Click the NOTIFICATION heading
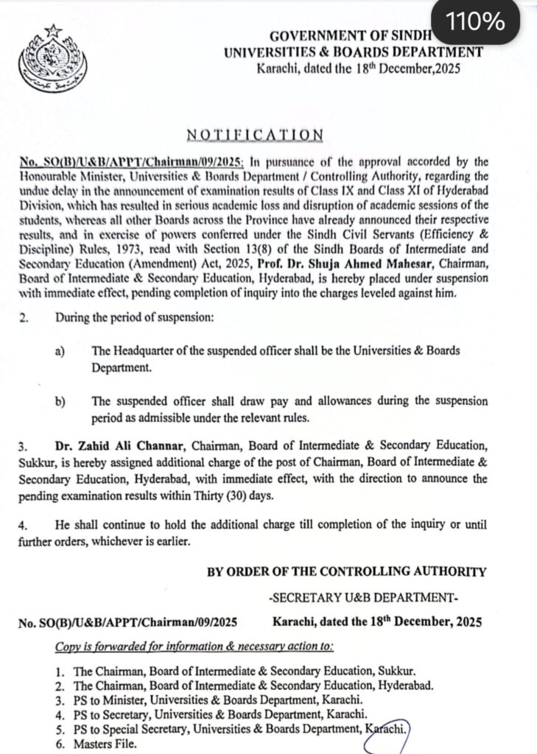point(254,135)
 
